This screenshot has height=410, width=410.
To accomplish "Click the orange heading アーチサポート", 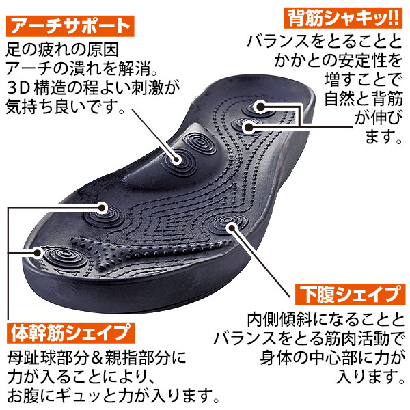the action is coord(70,26).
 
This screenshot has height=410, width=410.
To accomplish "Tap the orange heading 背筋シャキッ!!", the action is coord(343,18).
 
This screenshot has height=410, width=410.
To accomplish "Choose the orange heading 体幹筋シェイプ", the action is coord(70,333).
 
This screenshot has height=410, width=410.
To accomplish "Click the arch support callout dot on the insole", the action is coord(177,159).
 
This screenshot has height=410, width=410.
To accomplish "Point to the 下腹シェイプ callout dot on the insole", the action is coord(231,227).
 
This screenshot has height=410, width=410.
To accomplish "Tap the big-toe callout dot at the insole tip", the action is coord(38,253).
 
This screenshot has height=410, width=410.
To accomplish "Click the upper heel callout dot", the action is coord(260,107).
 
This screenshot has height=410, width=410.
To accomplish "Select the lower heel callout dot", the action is coord(249,127).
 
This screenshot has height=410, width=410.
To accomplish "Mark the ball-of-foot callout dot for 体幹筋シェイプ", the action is coord(102,208).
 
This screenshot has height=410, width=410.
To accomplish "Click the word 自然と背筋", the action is coord(364,98).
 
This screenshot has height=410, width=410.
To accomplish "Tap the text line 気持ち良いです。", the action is coord(65,107).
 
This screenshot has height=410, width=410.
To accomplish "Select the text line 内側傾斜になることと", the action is coord(325,319).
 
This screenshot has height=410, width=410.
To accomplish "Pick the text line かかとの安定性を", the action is coord(338,60).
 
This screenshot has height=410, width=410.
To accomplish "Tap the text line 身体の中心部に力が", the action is coord(332,357).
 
